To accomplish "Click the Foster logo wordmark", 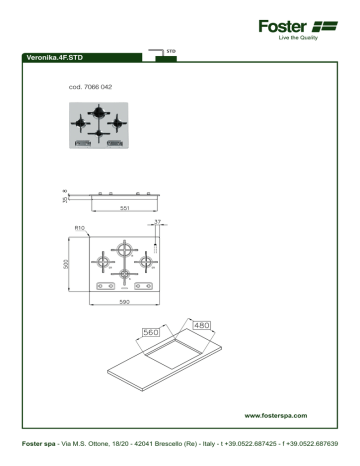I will tap(287, 26).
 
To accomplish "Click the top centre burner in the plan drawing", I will tap(125, 250).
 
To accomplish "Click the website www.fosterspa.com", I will tap(275, 413).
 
